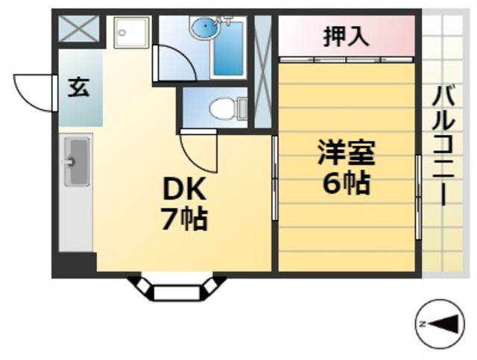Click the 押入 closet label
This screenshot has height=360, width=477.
coord(346,37)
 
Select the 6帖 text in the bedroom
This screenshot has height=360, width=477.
coord(346,182)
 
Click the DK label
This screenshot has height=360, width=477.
coord(184,191)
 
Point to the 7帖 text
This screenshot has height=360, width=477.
coord(184,220)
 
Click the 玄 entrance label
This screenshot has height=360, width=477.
coord(79,88)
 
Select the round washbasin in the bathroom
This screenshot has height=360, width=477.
coord(202,29)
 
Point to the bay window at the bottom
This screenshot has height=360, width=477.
coord(176,287)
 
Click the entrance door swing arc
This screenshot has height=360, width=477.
coord(36,91)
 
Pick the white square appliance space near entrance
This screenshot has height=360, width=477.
coord(132,32)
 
